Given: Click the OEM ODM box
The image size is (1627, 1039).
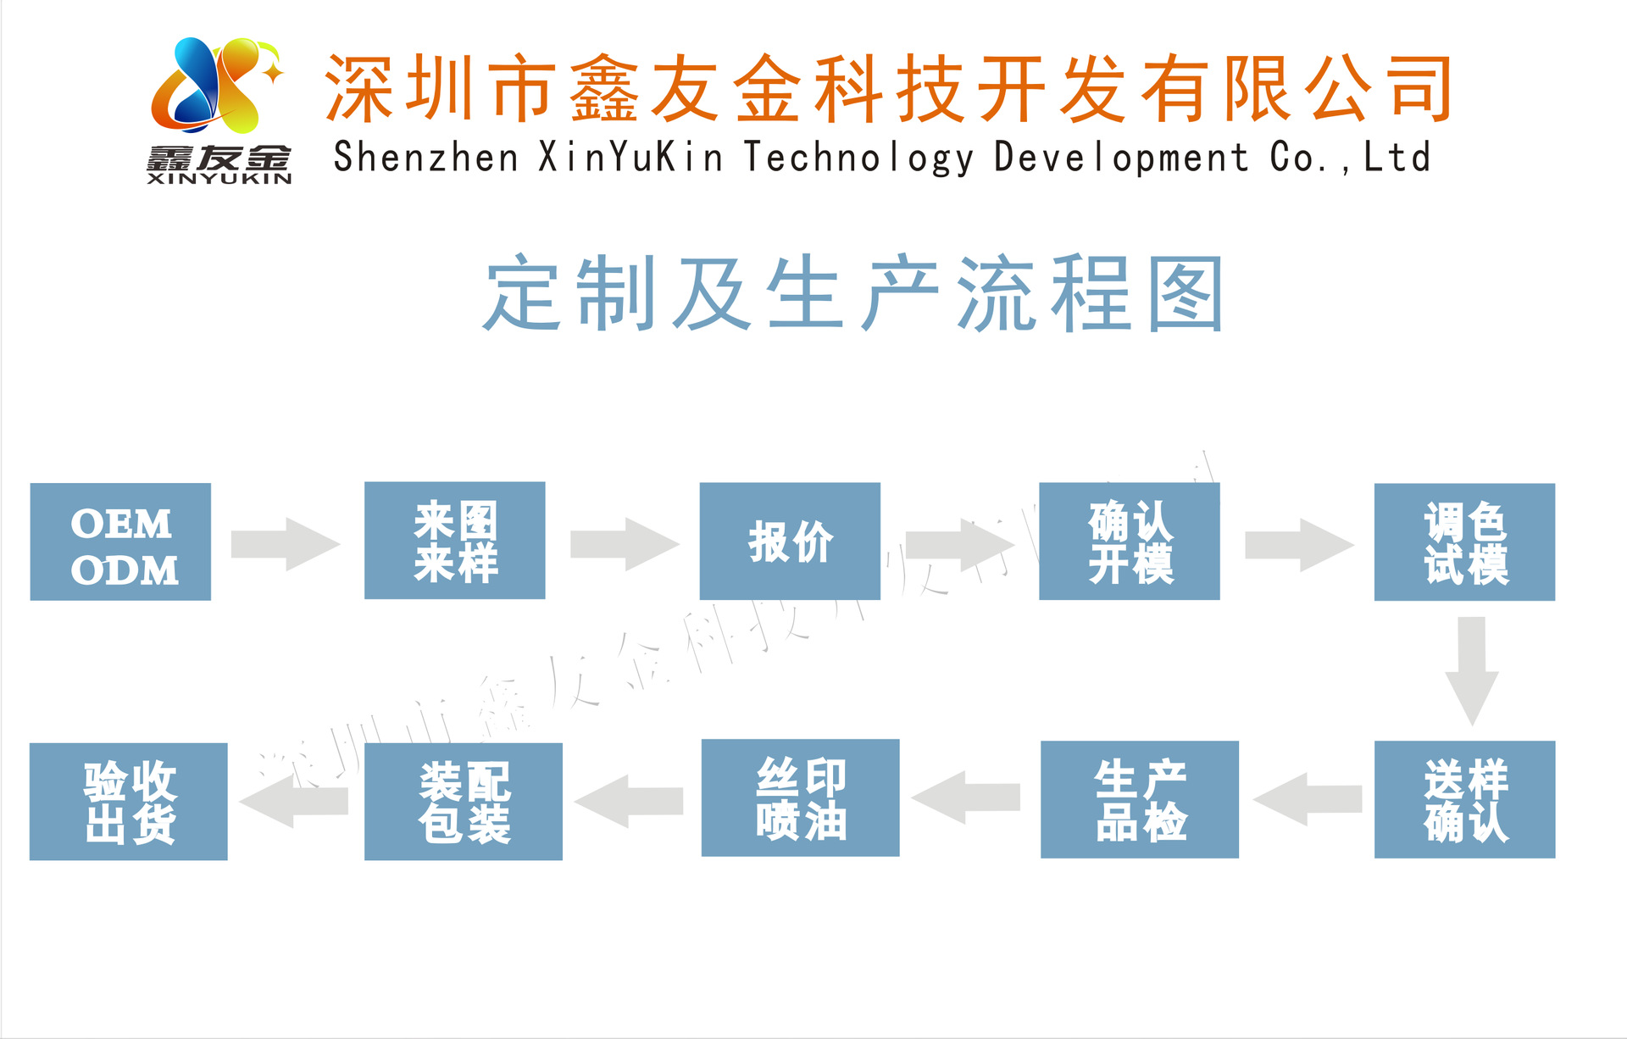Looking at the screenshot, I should pos(120,542).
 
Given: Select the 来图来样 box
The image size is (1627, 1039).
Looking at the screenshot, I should pos(454,541).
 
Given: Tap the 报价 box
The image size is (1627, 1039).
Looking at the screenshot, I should pos(790,542).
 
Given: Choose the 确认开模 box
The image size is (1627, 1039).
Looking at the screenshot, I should pos(1129,542).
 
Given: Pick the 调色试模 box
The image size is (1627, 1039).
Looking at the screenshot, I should pos(1464,542).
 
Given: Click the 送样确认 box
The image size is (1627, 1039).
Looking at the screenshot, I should pos(1464,799).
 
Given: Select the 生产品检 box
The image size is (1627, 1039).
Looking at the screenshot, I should pos(1139,799).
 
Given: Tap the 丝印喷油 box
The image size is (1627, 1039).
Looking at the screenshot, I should pos(800,797).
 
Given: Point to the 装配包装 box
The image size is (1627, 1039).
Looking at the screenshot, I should pos(463,801).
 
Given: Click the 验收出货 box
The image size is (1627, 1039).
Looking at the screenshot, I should pos(128,801).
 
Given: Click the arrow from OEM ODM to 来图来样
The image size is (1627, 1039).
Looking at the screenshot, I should pos(285,544).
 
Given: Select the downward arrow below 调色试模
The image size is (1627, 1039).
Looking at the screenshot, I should pos(1472,670).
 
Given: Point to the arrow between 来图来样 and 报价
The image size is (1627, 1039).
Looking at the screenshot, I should pos(624,544).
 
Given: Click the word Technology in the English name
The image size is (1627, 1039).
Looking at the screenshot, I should pos(858,158).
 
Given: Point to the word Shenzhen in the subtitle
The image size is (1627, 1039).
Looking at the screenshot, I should pos(425,158).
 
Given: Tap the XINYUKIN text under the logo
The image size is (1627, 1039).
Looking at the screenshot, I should pos(219,179).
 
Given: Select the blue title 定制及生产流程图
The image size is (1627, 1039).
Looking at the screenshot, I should pos(853,293).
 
